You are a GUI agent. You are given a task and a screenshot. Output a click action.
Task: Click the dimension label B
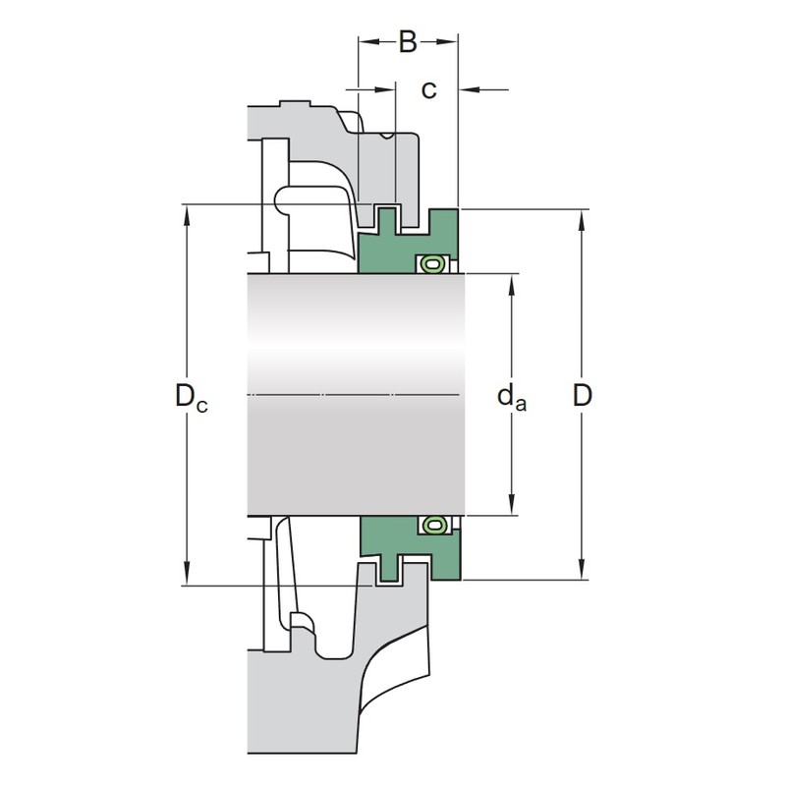pos(408,42)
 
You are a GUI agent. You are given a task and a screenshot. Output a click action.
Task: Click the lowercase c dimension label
pos(429,90)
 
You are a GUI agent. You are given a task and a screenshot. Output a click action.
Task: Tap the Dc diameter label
pos(191,397)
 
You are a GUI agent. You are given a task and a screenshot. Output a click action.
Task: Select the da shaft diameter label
pos(512,398)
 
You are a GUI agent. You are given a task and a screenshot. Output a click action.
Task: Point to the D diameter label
pos(582,396)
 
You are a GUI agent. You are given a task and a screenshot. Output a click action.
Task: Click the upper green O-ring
pos(431,263)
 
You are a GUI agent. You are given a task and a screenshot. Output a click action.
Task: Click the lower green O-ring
pos(431,525)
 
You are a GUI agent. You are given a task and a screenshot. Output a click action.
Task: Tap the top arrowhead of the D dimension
pos(582,221)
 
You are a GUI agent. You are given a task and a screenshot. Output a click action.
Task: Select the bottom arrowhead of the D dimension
pos(582,569)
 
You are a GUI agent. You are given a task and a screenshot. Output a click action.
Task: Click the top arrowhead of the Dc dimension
pos(187,216)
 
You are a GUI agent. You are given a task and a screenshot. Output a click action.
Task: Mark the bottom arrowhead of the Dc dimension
pos(187,574)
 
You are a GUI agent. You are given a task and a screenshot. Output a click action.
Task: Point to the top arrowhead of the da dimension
pos(512,286)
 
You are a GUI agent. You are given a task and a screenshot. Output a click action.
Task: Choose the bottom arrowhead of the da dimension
pos(512,504)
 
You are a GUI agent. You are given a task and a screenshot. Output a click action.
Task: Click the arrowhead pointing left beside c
pos(471,90)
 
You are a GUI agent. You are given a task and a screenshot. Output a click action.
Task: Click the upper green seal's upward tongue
pos(389,219)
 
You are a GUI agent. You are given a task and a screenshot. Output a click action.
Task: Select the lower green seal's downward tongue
pos(389,569)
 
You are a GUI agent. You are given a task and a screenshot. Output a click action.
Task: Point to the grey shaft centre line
pos(354,395)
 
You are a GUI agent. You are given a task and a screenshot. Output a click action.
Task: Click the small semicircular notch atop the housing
pos(387,136)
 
